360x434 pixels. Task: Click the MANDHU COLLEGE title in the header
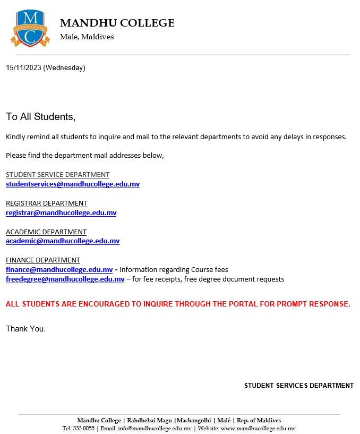click(x=117, y=23)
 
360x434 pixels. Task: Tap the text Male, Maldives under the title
click(x=87, y=37)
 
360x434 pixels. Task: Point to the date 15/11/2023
click(x=23, y=67)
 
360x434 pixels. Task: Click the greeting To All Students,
click(x=41, y=116)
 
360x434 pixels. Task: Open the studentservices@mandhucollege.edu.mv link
click(x=73, y=184)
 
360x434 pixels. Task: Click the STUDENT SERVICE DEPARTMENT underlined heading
click(x=57, y=175)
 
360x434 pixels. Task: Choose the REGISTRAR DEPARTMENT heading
click(x=46, y=203)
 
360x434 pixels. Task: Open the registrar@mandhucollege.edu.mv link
click(x=61, y=213)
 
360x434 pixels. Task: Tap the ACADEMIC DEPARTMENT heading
click(x=46, y=232)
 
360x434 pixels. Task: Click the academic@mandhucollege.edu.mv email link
click(x=63, y=241)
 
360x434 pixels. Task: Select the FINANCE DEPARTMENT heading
click(x=42, y=260)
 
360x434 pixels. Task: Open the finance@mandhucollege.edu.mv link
click(x=59, y=270)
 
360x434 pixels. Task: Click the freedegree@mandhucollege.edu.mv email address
click(x=65, y=279)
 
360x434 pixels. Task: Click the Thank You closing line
click(x=25, y=329)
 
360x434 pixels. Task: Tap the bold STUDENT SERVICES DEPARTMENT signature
click(x=298, y=386)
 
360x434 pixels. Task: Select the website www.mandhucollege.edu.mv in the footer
click(x=258, y=428)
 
